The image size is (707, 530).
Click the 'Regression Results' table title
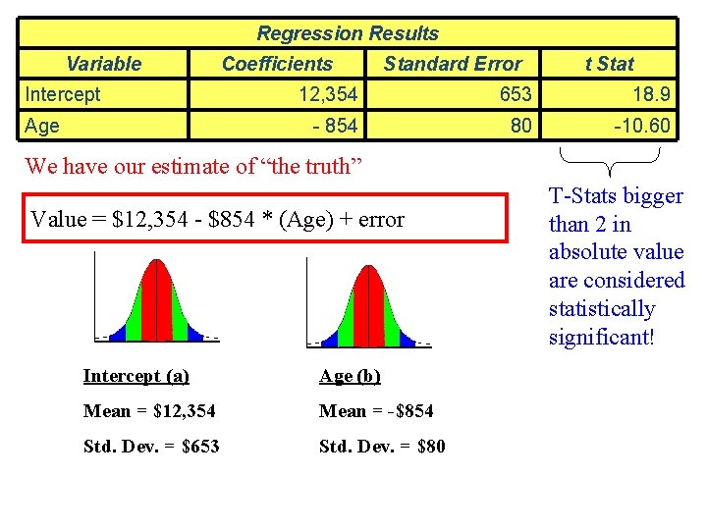tap(348, 33)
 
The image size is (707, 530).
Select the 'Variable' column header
tap(103, 64)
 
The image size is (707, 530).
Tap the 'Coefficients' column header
tap(277, 64)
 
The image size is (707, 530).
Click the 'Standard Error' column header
tap(453, 64)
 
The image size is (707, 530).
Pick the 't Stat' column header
tap(609, 64)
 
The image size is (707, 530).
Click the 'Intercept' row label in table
tap(63, 94)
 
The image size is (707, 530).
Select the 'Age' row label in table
tap(42, 126)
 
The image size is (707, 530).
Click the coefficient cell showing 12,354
tap(328, 94)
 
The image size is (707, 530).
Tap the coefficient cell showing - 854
tap(335, 126)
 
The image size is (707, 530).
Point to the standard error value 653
tap(515, 94)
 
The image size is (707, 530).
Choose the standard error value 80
tap(520, 126)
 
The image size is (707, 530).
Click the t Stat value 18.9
tap(651, 94)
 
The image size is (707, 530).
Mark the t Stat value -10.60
tap(641, 126)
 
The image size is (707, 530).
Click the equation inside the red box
tap(217, 219)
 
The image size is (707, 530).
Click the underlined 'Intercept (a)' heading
tap(136, 376)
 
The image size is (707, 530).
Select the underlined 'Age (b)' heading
tap(350, 376)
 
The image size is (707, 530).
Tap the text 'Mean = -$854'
tap(376, 411)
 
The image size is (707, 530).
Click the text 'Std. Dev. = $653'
tap(151, 447)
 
